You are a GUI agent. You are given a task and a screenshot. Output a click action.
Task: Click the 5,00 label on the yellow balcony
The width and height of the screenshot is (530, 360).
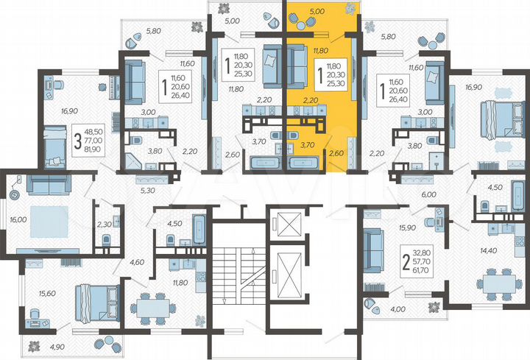tap(317, 12)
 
